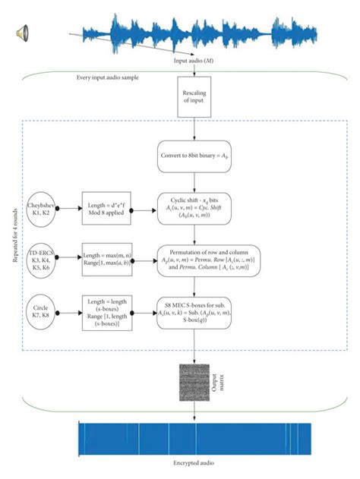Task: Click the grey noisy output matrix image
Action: click(193, 385)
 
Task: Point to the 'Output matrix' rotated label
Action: click(223, 385)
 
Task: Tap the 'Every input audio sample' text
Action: click(112, 78)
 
